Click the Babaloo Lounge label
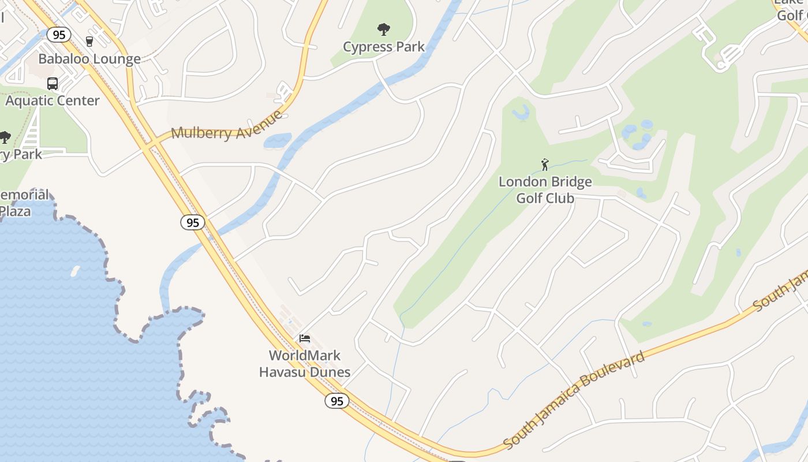click(x=89, y=59)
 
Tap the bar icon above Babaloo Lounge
click(x=89, y=41)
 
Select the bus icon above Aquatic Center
click(x=53, y=83)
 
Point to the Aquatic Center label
click(x=53, y=100)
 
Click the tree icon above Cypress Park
click(x=383, y=29)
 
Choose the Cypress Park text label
click(x=384, y=47)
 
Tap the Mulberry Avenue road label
click(x=227, y=127)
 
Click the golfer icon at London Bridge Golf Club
click(x=545, y=165)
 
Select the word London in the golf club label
click(x=522, y=182)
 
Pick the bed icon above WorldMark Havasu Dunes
click(x=305, y=338)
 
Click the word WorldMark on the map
click(x=305, y=355)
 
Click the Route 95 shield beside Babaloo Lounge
click(x=59, y=35)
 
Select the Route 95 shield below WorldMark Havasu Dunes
click(x=337, y=401)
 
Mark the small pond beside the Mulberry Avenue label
click(x=277, y=141)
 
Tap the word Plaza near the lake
click(x=15, y=211)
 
